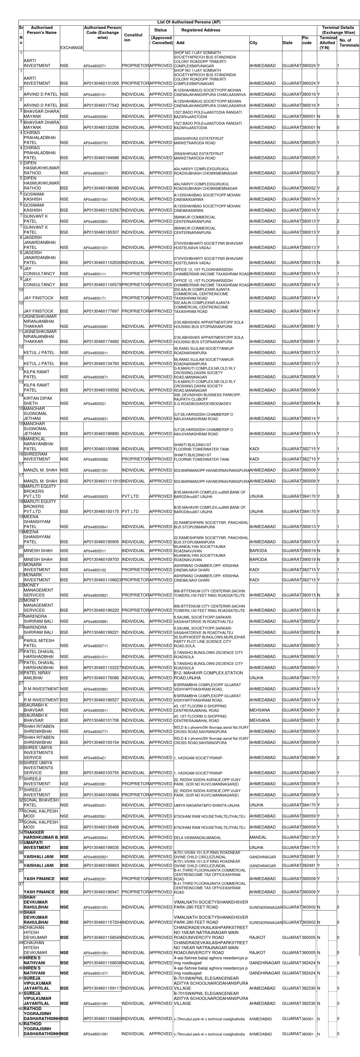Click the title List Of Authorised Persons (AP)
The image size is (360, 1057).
pyautogui.click(x=189, y=22)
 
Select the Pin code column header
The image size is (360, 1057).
pyautogui.click(x=307, y=40)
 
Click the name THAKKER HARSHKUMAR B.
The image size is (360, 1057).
pyautogui.click(x=41, y=835)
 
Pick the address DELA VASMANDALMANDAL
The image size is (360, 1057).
pyautogui.click(x=197, y=837)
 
